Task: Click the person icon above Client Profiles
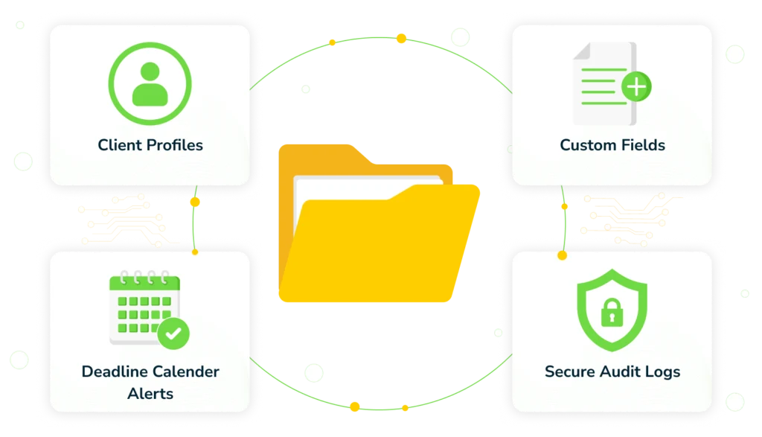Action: [150, 83]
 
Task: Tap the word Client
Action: [121, 144]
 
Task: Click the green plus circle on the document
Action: [636, 88]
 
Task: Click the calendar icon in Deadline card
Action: [144, 308]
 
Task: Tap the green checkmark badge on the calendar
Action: [173, 334]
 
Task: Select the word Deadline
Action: [115, 371]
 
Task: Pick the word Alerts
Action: [150, 393]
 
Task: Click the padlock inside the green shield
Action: [612, 312]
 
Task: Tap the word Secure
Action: [571, 371]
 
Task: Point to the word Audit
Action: [624, 371]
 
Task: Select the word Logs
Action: [664, 371]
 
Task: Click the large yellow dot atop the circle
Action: [401, 38]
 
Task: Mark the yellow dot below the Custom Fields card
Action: [563, 255]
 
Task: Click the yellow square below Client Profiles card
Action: [196, 202]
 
